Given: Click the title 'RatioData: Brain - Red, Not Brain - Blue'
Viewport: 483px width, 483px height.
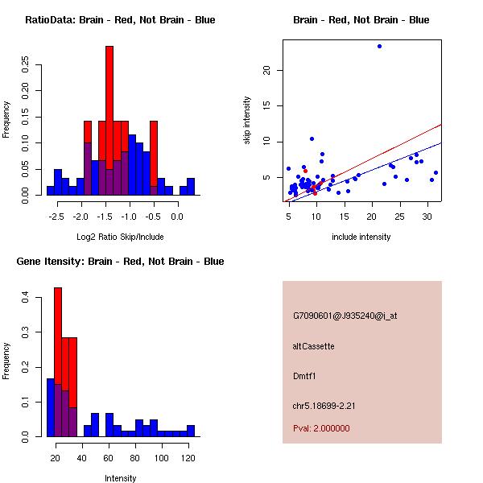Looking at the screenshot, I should click(120, 20).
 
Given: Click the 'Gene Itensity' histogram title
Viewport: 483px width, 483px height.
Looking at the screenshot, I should click(120, 262).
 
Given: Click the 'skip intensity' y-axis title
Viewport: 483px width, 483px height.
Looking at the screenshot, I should click(247, 121).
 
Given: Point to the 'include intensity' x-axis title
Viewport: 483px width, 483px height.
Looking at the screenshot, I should click(361, 237).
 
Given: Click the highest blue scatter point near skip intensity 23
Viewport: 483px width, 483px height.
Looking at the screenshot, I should click(379, 46).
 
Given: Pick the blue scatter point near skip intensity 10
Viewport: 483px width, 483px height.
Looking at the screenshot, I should click(312, 138).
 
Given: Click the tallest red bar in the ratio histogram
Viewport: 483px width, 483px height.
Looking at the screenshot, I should click(109, 121).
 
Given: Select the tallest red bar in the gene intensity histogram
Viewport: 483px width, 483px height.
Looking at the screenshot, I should click(58, 362).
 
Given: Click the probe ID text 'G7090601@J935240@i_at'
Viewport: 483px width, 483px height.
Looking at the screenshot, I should click(345, 316).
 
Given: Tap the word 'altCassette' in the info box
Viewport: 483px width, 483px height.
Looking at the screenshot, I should click(313, 346).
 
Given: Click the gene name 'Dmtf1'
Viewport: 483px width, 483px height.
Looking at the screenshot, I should click(304, 376).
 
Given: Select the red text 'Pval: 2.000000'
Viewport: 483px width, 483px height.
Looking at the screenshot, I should click(321, 428).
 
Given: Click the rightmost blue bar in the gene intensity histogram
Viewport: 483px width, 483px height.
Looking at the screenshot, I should click(191, 431).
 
